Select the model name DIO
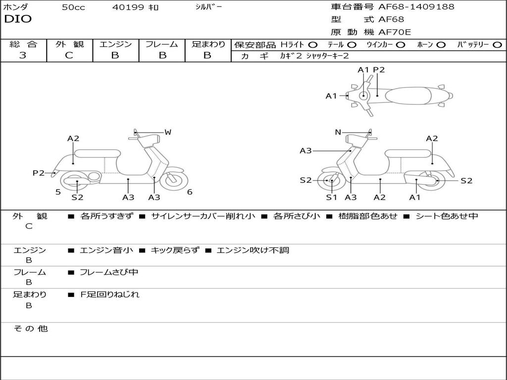(x=18, y=19)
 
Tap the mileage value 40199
(x=128, y=7)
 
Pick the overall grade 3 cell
(x=23, y=55)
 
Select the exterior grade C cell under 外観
(x=69, y=55)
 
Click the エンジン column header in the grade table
(x=115, y=44)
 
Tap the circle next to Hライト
(x=313, y=45)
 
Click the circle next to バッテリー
(x=498, y=45)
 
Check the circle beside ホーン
(x=441, y=45)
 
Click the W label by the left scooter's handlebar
(x=168, y=132)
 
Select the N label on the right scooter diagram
(x=338, y=132)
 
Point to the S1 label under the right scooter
(x=331, y=197)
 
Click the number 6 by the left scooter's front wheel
(x=190, y=192)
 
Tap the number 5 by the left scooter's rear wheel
(x=58, y=192)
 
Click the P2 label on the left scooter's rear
(x=38, y=173)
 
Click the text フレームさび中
(x=109, y=272)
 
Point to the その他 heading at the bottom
(x=30, y=329)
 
